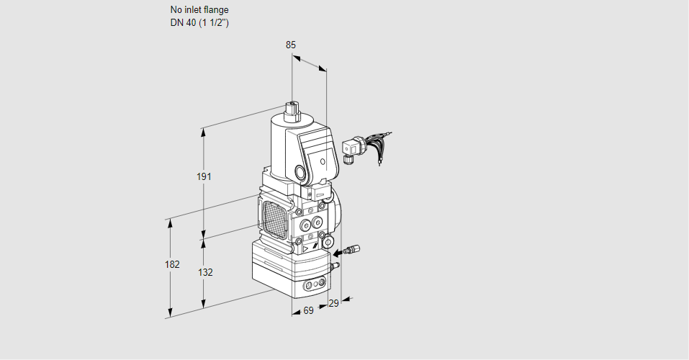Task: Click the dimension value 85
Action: point(290,45)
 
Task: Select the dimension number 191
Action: point(204,177)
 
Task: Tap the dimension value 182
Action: point(171,264)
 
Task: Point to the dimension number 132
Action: point(205,272)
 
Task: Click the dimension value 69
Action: point(308,310)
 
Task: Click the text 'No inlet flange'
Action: point(199,10)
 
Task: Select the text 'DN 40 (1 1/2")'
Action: point(199,22)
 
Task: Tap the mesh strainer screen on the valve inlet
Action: point(274,217)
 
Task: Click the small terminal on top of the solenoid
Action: point(292,109)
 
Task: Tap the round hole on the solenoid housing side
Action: point(299,173)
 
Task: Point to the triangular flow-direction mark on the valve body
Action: point(306,247)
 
